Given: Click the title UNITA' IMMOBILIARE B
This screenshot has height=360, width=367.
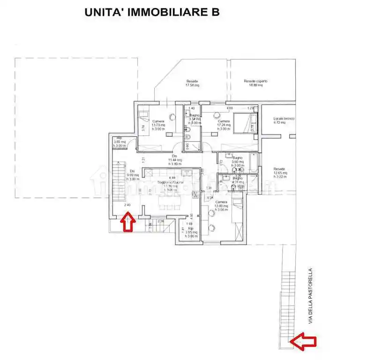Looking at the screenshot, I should [x=152, y=13].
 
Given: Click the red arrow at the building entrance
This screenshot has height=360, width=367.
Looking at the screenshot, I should [x=127, y=222].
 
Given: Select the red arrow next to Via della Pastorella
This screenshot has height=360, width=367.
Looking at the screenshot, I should [x=302, y=341].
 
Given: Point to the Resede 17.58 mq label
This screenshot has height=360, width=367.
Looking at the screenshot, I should [x=192, y=83].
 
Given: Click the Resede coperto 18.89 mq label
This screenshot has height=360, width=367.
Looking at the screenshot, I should [x=255, y=83].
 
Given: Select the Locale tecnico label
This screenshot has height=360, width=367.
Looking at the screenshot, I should [x=284, y=120].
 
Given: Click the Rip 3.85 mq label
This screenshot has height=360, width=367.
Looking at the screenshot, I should [x=119, y=142].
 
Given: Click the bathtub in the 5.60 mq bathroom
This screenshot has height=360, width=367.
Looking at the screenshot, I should [x=252, y=163].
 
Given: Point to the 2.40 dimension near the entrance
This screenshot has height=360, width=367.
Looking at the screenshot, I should [x=127, y=205].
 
